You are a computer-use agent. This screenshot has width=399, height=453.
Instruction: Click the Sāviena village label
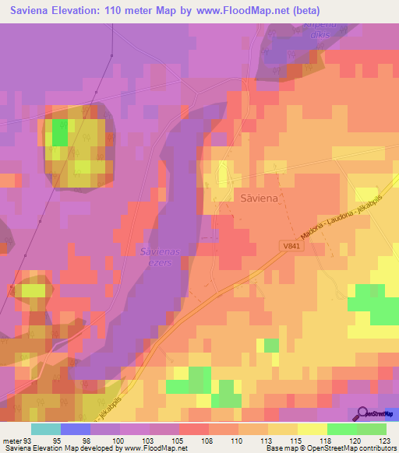[258, 198]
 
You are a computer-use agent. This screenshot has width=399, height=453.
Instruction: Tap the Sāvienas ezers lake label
[161, 256]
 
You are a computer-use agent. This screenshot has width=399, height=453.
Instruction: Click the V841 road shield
[290, 247]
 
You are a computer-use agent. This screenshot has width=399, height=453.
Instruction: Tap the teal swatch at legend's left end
[45, 429]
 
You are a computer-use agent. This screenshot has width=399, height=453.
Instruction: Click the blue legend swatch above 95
[75, 429]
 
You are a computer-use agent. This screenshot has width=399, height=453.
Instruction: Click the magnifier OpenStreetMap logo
[363, 414]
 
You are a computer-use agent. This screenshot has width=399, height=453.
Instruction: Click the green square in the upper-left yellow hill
[60, 135]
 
